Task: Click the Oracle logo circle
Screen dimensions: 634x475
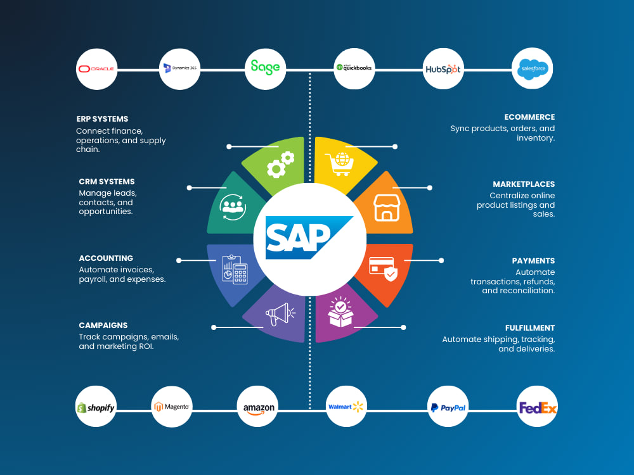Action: tap(96, 69)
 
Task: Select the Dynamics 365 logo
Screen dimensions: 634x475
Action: tap(179, 68)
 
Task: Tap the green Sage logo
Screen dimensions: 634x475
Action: tap(265, 67)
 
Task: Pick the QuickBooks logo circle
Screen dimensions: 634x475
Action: tap(354, 68)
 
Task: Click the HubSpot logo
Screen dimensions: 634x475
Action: tap(443, 69)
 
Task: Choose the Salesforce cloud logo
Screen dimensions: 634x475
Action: tap(533, 68)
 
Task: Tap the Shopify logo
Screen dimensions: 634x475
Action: tap(96, 407)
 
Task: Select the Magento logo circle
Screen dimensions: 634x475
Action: tap(172, 407)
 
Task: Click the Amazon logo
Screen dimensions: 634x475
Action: tap(259, 408)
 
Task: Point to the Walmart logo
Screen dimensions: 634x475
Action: tap(346, 407)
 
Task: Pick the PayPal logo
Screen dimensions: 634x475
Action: tap(448, 408)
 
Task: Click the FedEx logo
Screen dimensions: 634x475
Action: tap(538, 407)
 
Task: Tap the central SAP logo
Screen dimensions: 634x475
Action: tap(309, 237)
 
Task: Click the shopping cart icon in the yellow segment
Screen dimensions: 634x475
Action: tap(340, 164)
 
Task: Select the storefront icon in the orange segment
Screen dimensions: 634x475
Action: tap(387, 208)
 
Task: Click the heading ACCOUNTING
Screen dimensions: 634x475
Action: tap(106, 258)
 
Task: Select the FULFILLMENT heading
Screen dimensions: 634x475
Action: tap(529, 328)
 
